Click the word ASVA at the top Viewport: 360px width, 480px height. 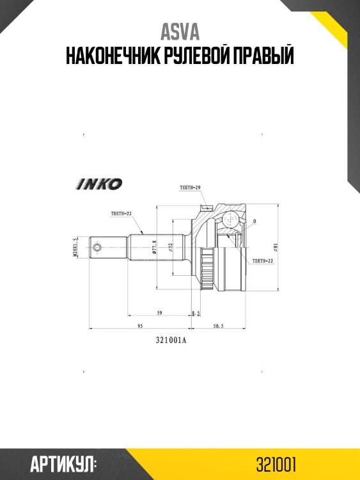tap(179, 31)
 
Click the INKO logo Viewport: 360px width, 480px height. tap(100, 184)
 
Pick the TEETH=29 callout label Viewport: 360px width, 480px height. tap(190, 187)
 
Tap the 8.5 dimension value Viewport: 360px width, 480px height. tap(196, 313)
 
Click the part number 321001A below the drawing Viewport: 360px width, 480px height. tap(171, 340)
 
